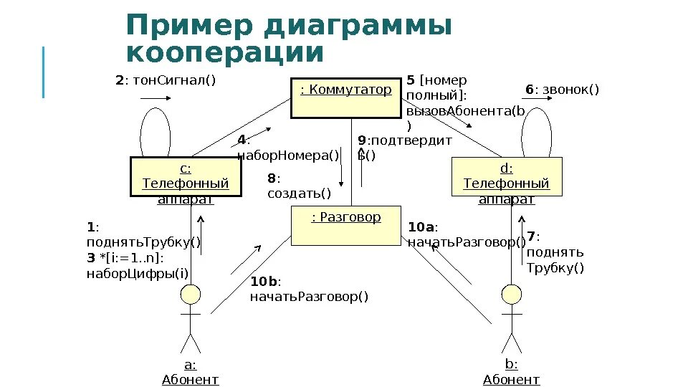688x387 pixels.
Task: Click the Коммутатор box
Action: click(346, 97)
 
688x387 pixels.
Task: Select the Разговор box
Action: click(346, 225)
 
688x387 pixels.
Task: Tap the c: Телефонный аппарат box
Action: click(185, 176)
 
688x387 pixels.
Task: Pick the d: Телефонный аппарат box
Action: click(507, 176)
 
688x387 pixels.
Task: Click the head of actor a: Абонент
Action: click(190, 294)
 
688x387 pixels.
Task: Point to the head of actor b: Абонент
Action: click(511, 294)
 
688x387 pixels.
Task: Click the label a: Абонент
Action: click(190, 372)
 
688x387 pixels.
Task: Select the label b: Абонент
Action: click(511, 372)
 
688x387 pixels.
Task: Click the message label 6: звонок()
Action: click(562, 90)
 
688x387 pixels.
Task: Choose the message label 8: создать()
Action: click(299, 186)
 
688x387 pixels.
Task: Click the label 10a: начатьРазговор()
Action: click(467, 235)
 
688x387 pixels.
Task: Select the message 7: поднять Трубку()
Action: click(555, 252)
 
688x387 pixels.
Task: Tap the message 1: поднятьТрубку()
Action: click(143, 234)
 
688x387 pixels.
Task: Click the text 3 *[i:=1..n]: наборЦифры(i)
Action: click(138, 265)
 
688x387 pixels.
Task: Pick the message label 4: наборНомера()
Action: click(287, 148)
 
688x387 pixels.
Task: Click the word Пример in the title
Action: click(190, 27)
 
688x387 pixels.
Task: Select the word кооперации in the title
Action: click(225, 54)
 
